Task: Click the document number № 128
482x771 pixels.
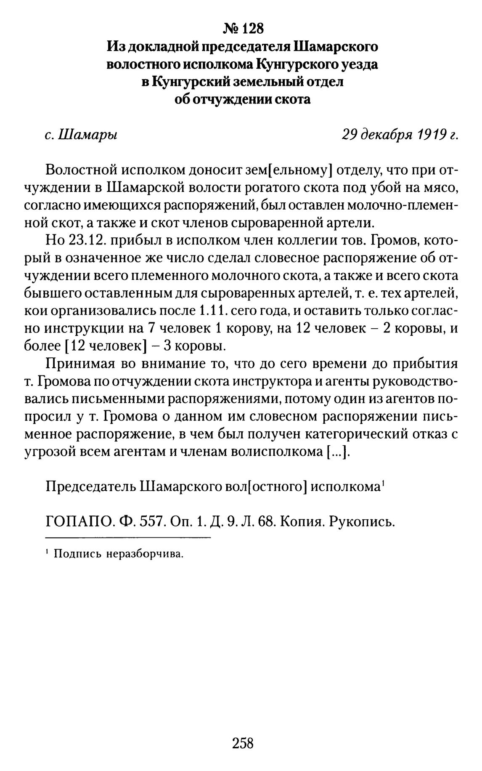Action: (x=243, y=29)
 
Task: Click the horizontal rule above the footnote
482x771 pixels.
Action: (x=127, y=538)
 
